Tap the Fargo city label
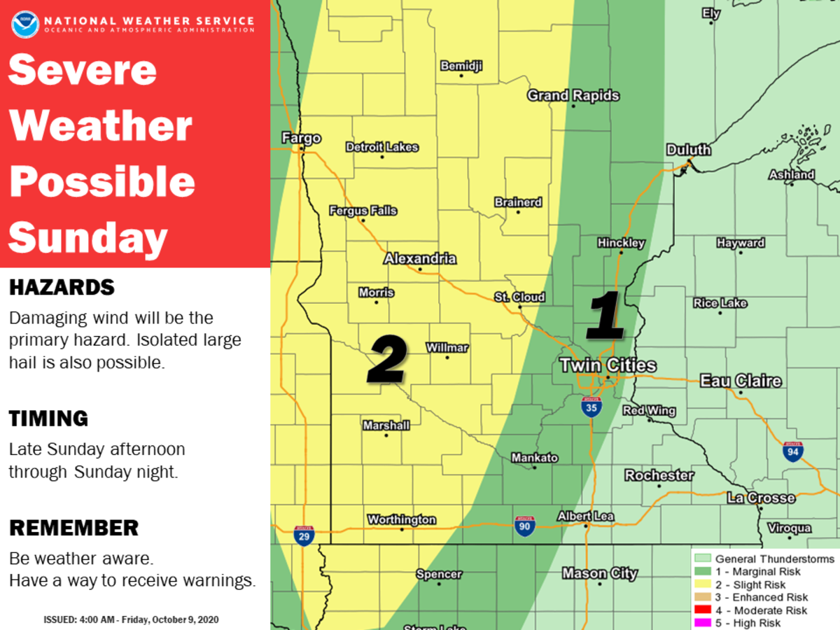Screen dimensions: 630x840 tap(301, 138)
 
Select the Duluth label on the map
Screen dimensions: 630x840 tap(688, 150)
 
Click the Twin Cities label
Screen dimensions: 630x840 tap(608, 365)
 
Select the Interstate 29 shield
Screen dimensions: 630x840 tap(304, 535)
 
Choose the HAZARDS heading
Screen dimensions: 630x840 tap(62, 287)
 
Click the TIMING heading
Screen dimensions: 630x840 tap(48, 419)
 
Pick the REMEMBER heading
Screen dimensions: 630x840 tap(73, 528)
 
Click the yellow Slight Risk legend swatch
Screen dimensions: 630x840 tap(703, 584)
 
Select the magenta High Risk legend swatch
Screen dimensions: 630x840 tap(703, 622)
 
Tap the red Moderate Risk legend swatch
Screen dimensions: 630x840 tap(703, 610)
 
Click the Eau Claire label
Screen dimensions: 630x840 tap(741, 381)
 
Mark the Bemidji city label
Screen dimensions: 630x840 tap(461, 66)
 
